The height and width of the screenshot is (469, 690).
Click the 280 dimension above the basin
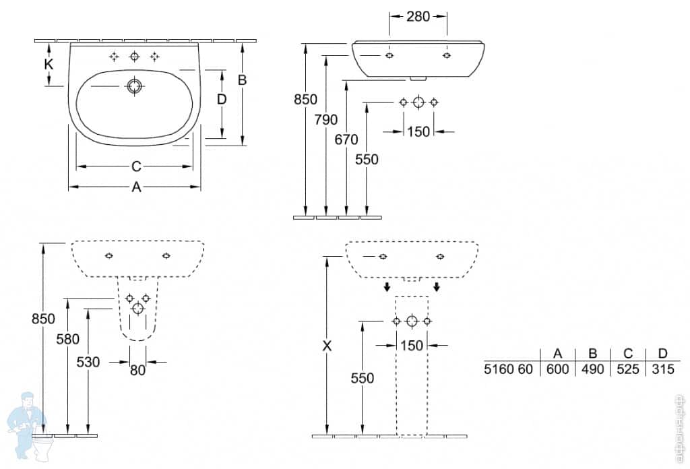tap(418, 17)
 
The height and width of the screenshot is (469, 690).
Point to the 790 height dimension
tap(326, 121)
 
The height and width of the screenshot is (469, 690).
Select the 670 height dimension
tap(346, 139)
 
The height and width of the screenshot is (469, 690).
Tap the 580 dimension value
tap(68, 340)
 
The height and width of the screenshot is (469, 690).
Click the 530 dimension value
tap(88, 362)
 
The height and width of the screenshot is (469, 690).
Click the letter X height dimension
tap(327, 346)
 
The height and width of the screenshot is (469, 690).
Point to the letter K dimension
tap(49, 65)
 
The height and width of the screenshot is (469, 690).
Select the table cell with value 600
tap(557, 369)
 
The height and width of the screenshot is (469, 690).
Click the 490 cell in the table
tap(592, 369)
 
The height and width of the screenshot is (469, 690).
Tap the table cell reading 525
tap(627, 369)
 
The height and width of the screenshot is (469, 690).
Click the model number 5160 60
tap(509, 369)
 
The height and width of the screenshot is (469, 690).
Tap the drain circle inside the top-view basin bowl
tap(134, 88)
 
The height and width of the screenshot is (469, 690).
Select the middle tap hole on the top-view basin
tap(134, 57)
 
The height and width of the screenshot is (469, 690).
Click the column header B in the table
tap(592, 354)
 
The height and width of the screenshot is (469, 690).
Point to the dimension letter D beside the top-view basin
tap(222, 100)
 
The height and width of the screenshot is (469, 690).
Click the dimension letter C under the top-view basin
tap(135, 166)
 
